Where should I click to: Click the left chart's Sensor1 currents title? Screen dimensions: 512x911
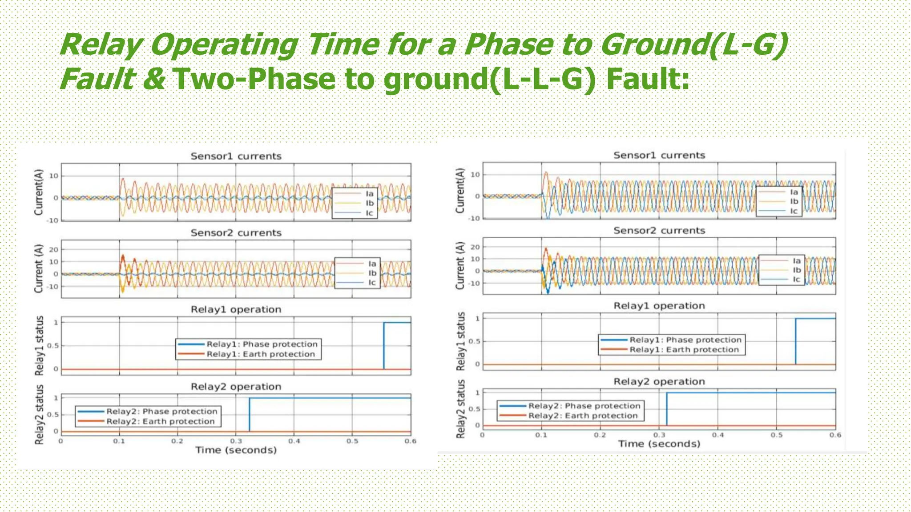coord(236,156)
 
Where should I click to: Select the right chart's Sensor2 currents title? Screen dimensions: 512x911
coord(659,231)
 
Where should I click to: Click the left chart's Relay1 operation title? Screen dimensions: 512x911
coord(236,309)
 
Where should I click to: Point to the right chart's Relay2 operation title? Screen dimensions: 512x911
coord(659,381)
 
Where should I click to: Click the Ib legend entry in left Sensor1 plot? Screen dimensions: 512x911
coord(369,203)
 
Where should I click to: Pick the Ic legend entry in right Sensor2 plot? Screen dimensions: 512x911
coord(796,280)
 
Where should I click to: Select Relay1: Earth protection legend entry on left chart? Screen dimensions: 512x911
coord(260,354)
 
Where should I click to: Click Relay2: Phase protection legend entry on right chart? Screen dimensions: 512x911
coord(584,406)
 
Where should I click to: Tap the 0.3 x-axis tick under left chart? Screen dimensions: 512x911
coord(236,441)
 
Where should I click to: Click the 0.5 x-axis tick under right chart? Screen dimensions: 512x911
coord(777,435)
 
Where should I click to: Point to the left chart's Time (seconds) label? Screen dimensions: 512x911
coord(236,450)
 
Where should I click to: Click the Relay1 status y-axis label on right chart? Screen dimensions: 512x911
coord(461,341)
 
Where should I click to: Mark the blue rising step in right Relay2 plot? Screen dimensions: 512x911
coord(666,409)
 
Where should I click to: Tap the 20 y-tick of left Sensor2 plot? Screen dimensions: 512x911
coord(53,250)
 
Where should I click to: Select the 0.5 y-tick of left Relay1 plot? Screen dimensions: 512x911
coord(53,346)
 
